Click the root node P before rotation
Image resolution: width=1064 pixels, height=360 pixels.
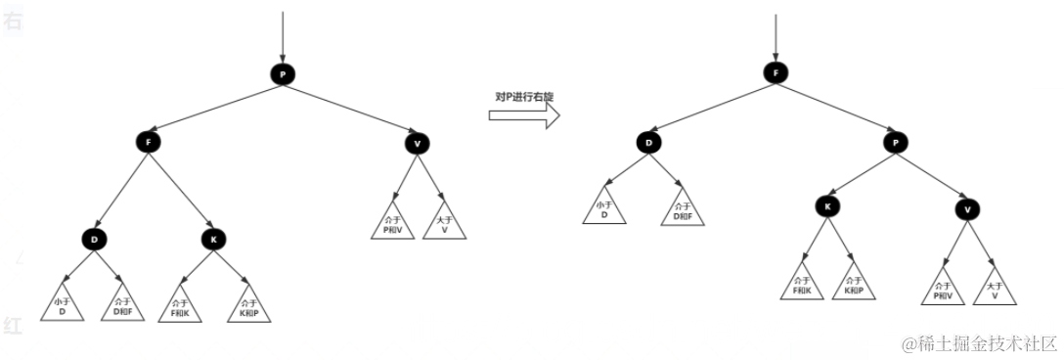pos(282,75)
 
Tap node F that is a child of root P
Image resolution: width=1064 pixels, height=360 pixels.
pos(148,142)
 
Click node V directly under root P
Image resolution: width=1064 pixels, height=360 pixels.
pos(418,144)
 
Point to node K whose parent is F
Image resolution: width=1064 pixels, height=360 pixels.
pos(213,238)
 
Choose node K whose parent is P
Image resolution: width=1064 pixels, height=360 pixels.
pos(827,206)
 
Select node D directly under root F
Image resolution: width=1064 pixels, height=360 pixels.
pos(648,143)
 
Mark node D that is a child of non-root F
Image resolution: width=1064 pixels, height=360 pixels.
pos(94,238)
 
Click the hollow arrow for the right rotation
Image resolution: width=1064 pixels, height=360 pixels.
pos(523,115)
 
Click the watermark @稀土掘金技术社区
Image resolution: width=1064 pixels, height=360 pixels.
pos(979,343)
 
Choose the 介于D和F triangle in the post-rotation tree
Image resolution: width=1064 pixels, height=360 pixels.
pos(684,208)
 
